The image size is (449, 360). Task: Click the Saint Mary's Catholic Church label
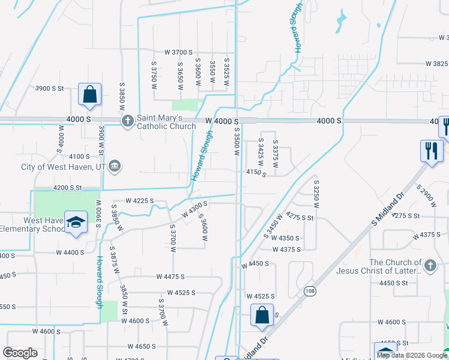(x=166, y=122)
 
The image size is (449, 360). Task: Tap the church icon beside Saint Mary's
(x=127, y=122)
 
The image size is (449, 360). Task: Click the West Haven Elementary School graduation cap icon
(x=76, y=223)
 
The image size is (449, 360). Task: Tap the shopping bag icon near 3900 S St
(x=89, y=95)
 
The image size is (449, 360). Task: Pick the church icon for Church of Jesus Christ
(x=429, y=266)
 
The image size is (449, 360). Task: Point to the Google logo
(x=20, y=352)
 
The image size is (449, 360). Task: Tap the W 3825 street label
(x=436, y=64)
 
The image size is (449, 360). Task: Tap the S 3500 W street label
(x=237, y=142)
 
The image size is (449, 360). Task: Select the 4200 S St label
(x=67, y=187)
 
